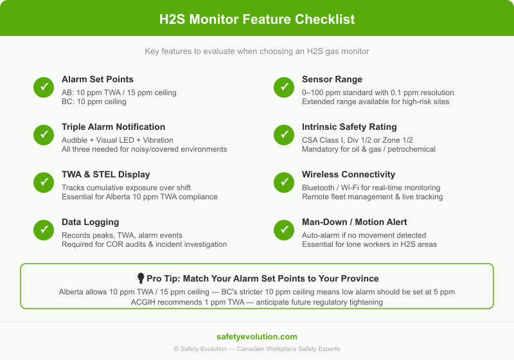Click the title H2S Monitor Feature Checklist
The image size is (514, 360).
coord(257,19)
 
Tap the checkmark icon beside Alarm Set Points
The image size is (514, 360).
coord(44,87)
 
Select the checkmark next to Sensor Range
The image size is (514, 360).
coord(284,87)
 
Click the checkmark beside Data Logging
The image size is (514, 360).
coord(44,230)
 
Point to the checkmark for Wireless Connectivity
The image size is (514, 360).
coord(284,182)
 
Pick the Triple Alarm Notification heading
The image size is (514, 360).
coord(113,127)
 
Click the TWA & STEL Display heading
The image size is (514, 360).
coord(105,174)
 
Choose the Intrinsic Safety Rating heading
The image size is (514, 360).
coord(349,127)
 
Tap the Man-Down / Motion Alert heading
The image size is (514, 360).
coord(354,222)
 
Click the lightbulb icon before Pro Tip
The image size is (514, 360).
coord(141,278)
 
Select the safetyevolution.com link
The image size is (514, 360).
coord(257,336)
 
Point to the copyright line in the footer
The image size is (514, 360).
coord(257,349)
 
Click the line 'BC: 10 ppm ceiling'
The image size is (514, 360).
coord(94,102)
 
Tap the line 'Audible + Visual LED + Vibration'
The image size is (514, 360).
coord(118,139)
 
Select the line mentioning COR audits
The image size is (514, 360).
coord(144,244)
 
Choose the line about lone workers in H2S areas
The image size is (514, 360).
coord(369,244)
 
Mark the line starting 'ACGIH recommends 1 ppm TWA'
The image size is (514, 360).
coord(257,301)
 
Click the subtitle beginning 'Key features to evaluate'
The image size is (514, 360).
coord(257,51)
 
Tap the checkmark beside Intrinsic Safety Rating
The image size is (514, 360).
coord(284,134)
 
